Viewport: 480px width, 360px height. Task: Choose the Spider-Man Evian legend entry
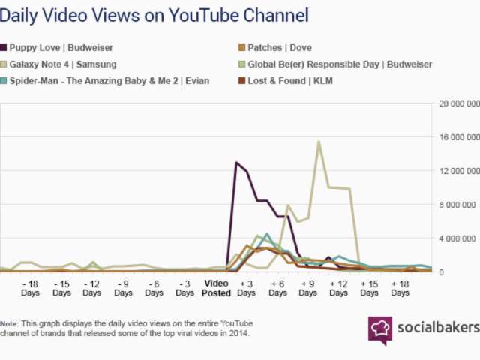coord(109,80)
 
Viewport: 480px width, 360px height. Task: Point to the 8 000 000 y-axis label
coord(458,205)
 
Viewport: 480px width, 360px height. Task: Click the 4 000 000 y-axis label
coord(458,238)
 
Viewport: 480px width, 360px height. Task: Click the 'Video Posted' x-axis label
coord(216,288)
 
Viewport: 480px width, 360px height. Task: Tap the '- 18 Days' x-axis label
coord(31,288)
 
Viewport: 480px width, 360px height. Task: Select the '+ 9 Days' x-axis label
coord(307,288)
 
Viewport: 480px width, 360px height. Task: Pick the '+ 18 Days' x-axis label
coord(399,288)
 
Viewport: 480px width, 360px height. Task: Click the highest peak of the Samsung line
coord(319,141)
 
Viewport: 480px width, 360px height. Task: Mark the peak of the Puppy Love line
coord(237,162)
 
